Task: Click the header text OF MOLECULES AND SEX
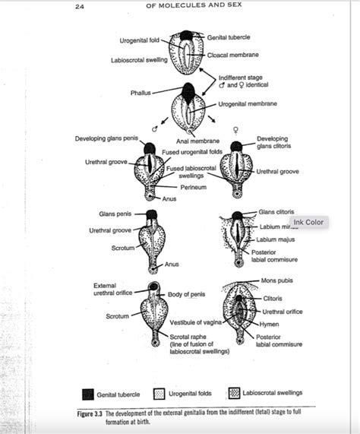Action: (x=180, y=7)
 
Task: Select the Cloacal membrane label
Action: (x=235, y=55)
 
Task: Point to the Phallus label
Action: (x=140, y=93)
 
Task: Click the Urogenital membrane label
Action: (x=247, y=103)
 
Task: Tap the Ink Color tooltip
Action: (x=309, y=222)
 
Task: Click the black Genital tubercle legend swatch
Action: (x=88, y=394)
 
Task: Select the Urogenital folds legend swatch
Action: (x=159, y=394)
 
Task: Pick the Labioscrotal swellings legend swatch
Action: (x=235, y=393)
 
